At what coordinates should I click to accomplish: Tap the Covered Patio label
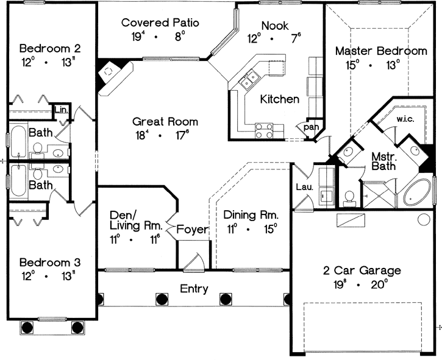[x=160, y=23]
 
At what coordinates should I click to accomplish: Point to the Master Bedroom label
[x=381, y=51]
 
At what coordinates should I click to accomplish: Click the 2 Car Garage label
[x=362, y=270]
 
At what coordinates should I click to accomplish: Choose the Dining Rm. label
[x=251, y=215]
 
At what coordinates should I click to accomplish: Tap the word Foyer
[x=193, y=230]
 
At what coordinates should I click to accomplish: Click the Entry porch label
[x=194, y=289]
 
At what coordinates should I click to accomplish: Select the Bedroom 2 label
[x=50, y=48]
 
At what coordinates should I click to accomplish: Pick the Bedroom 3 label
[x=50, y=263]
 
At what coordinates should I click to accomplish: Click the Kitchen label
[x=280, y=99]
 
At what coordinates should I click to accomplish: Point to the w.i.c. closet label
[x=405, y=119]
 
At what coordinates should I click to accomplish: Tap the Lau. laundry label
[x=305, y=188]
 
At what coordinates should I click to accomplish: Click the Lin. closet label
[x=61, y=110]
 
